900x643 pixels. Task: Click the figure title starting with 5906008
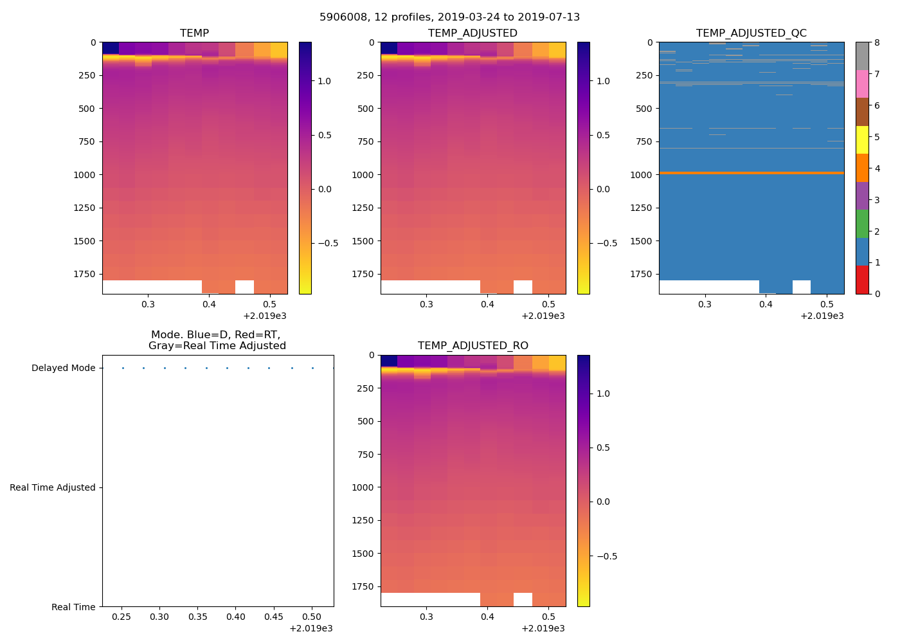pyautogui.click(x=449, y=17)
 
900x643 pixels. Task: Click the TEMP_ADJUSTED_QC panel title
pyautogui.click(x=751, y=33)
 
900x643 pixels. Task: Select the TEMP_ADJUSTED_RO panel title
pyautogui.click(x=473, y=346)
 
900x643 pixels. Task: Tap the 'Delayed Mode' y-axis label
pyautogui.click(x=63, y=368)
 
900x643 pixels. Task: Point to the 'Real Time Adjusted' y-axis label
pyautogui.click(x=53, y=488)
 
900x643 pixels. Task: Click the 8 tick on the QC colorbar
pyautogui.click(x=877, y=42)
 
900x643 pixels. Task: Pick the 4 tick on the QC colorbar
pyautogui.click(x=877, y=168)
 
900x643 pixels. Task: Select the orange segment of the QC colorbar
pyautogui.click(x=862, y=168)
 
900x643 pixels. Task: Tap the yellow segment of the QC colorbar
pyautogui.click(x=862, y=140)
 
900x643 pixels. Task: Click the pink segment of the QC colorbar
pyautogui.click(x=862, y=84)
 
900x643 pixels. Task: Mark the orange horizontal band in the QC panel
pyautogui.click(x=751, y=173)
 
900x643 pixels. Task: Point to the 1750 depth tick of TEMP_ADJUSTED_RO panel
pyautogui.click(x=365, y=586)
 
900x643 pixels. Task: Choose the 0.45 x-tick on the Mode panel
pyautogui.click(x=274, y=617)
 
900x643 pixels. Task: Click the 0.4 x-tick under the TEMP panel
pyautogui.click(x=209, y=304)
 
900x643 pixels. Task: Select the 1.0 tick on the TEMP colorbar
pyautogui.click(x=324, y=81)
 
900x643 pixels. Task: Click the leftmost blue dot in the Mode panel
pyautogui.click(x=123, y=368)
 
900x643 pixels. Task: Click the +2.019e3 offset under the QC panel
pyautogui.click(x=822, y=316)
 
